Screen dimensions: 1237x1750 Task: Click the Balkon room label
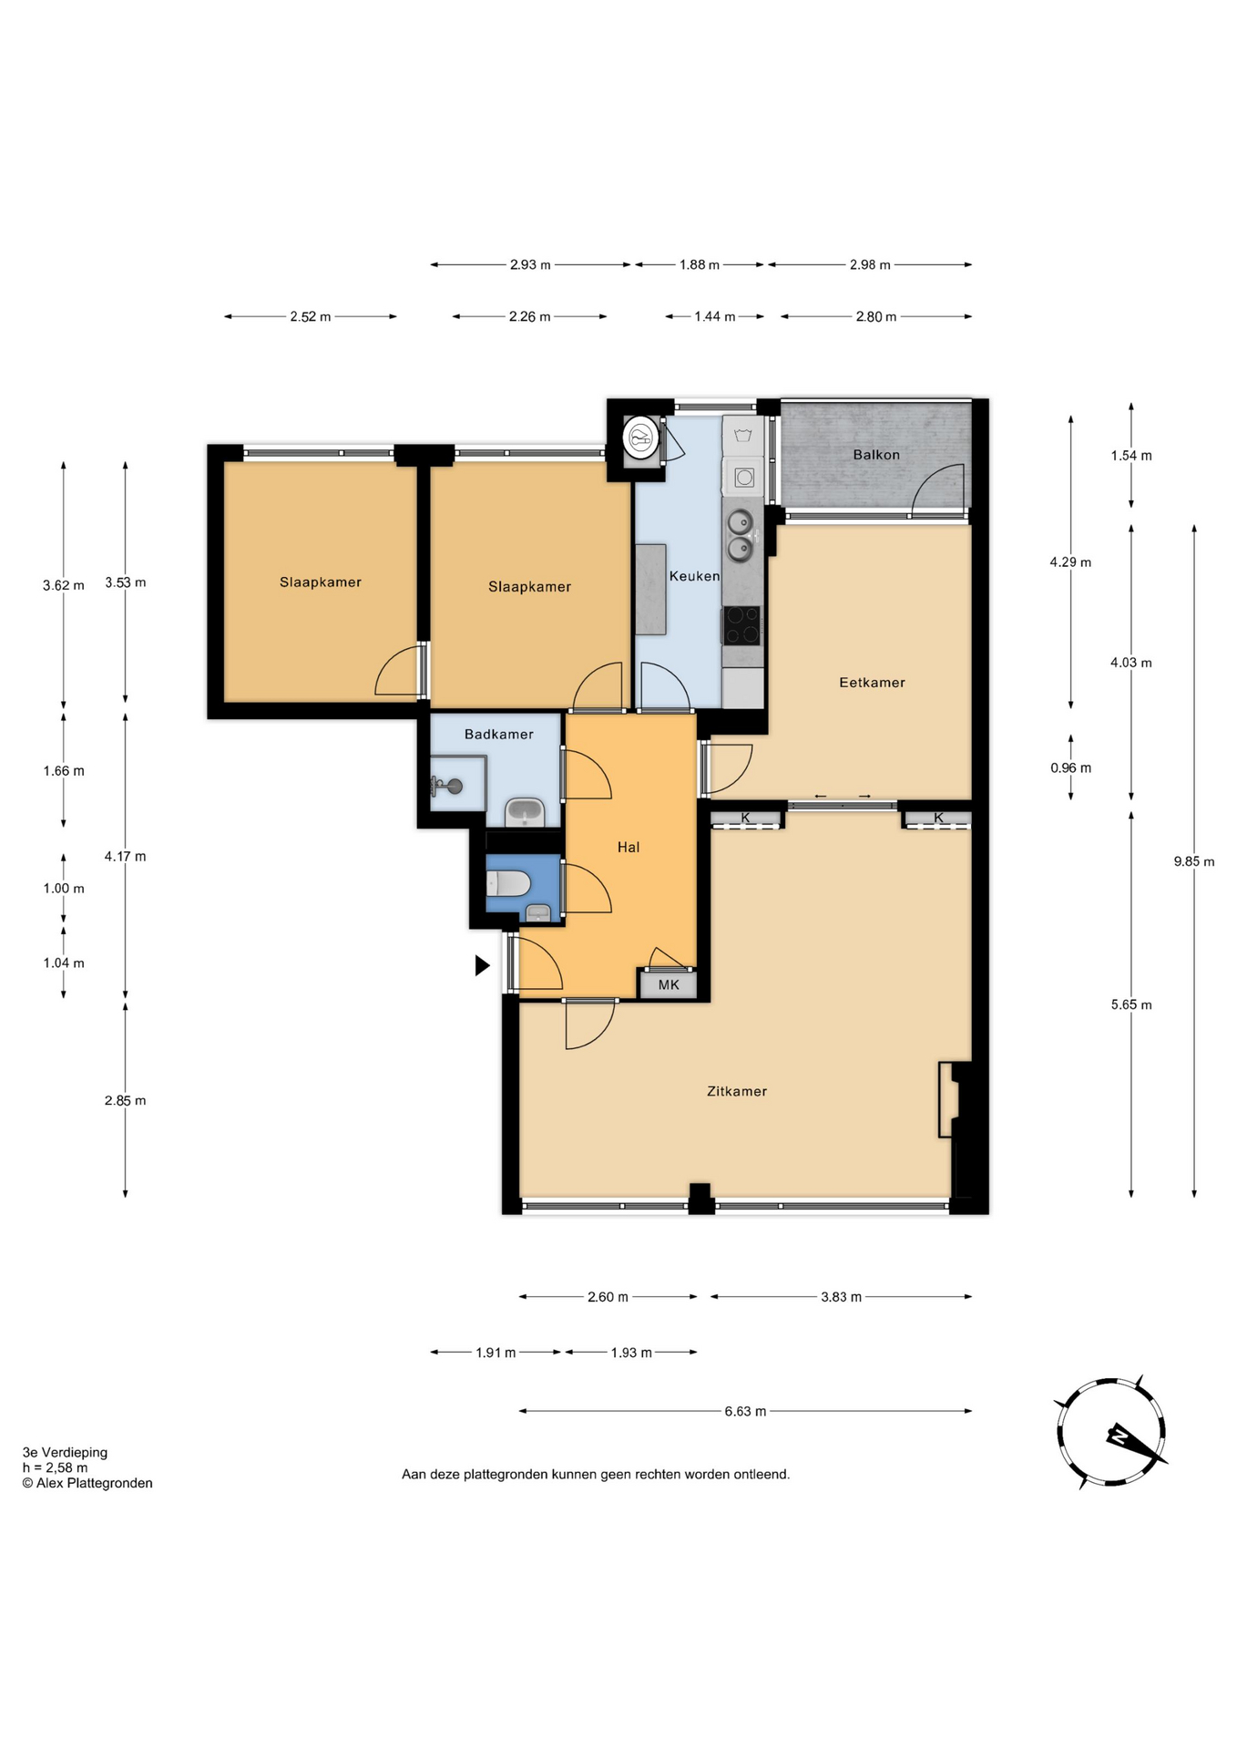pyautogui.click(x=876, y=455)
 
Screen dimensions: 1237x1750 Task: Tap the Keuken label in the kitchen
pyautogui.click(x=694, y=576)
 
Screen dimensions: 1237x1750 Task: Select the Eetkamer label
pyautogui.click(x=872, y=683)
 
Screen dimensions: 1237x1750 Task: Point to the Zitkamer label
pyautogui.click(x=737, y=1091)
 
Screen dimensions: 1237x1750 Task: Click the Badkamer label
pyautogui.click(x=499, y=735)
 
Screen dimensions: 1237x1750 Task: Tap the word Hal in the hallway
pyautogui.click(x=629, y=848)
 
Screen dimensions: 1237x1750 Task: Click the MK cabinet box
pyautogui.click(x=669, y=984)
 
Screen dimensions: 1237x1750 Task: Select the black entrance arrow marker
pyautogui.click(x=482, y=965)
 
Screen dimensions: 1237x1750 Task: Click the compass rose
pyautogui.click(x=1111, y=1433)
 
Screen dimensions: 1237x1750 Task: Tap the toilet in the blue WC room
pyautogui.click(x=508, y=883)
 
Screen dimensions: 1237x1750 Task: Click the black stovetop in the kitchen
pyautogui.click(x=741, y=625)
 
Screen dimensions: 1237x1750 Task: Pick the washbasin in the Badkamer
pyautogui.click(x=525, y=811)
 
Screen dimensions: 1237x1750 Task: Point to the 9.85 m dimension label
pyautogui.click(x=1194, y=861)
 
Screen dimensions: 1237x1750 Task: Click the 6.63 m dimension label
pyautogui.click(x=745, y=1412)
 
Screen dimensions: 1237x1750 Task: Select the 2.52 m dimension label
pyautogui.click(x=311, y=317)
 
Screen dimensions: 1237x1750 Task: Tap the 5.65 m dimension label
pyautogui.click(x=1131, y=1005)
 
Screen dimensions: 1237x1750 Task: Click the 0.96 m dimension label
pyautogui.click(x=1070, y=768)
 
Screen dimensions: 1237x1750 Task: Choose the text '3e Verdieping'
pyautogui.click(x=66, y=1453)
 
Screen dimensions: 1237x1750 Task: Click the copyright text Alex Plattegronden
pyautogui.click(x=87, y=1483)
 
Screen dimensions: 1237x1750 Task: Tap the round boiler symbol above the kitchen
pyautogui.click(x=641, y=437)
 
